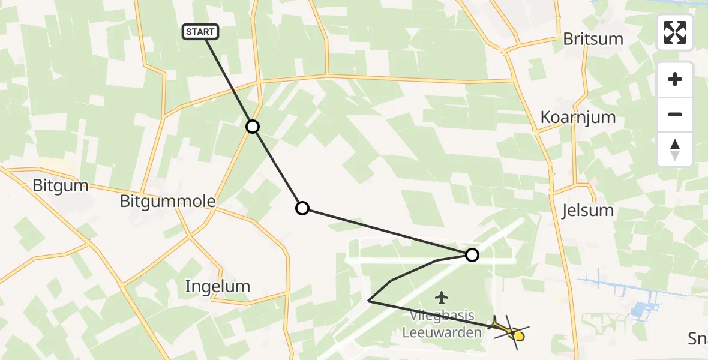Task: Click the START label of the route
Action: (x=200, y=32)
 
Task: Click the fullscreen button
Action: (x=675, y=32)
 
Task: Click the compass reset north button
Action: (x=675, y=149)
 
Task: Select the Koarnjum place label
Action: (x=578, y=117)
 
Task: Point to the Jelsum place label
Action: (x=587, y=211)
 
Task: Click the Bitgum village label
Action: (x=61, y=186)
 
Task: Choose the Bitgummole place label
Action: (x=167, y=202)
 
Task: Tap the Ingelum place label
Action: (x=217, y=286)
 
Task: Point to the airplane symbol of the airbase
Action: (x=442, y=296)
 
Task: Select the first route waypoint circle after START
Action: (x=253, y=127)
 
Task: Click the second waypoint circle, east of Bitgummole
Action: (x=302, y=208)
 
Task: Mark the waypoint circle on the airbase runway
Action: (x=472, y=255)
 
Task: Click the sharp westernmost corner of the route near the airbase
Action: (x=368, y=301)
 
